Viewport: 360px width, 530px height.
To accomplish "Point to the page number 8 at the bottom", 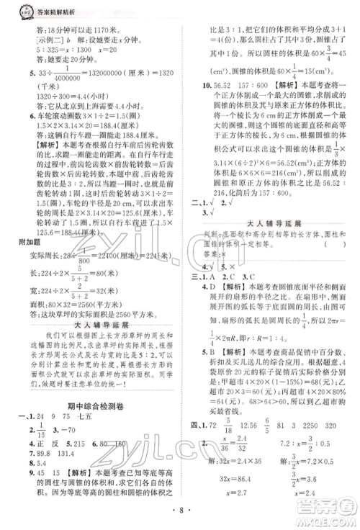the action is [x=179, y=520].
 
